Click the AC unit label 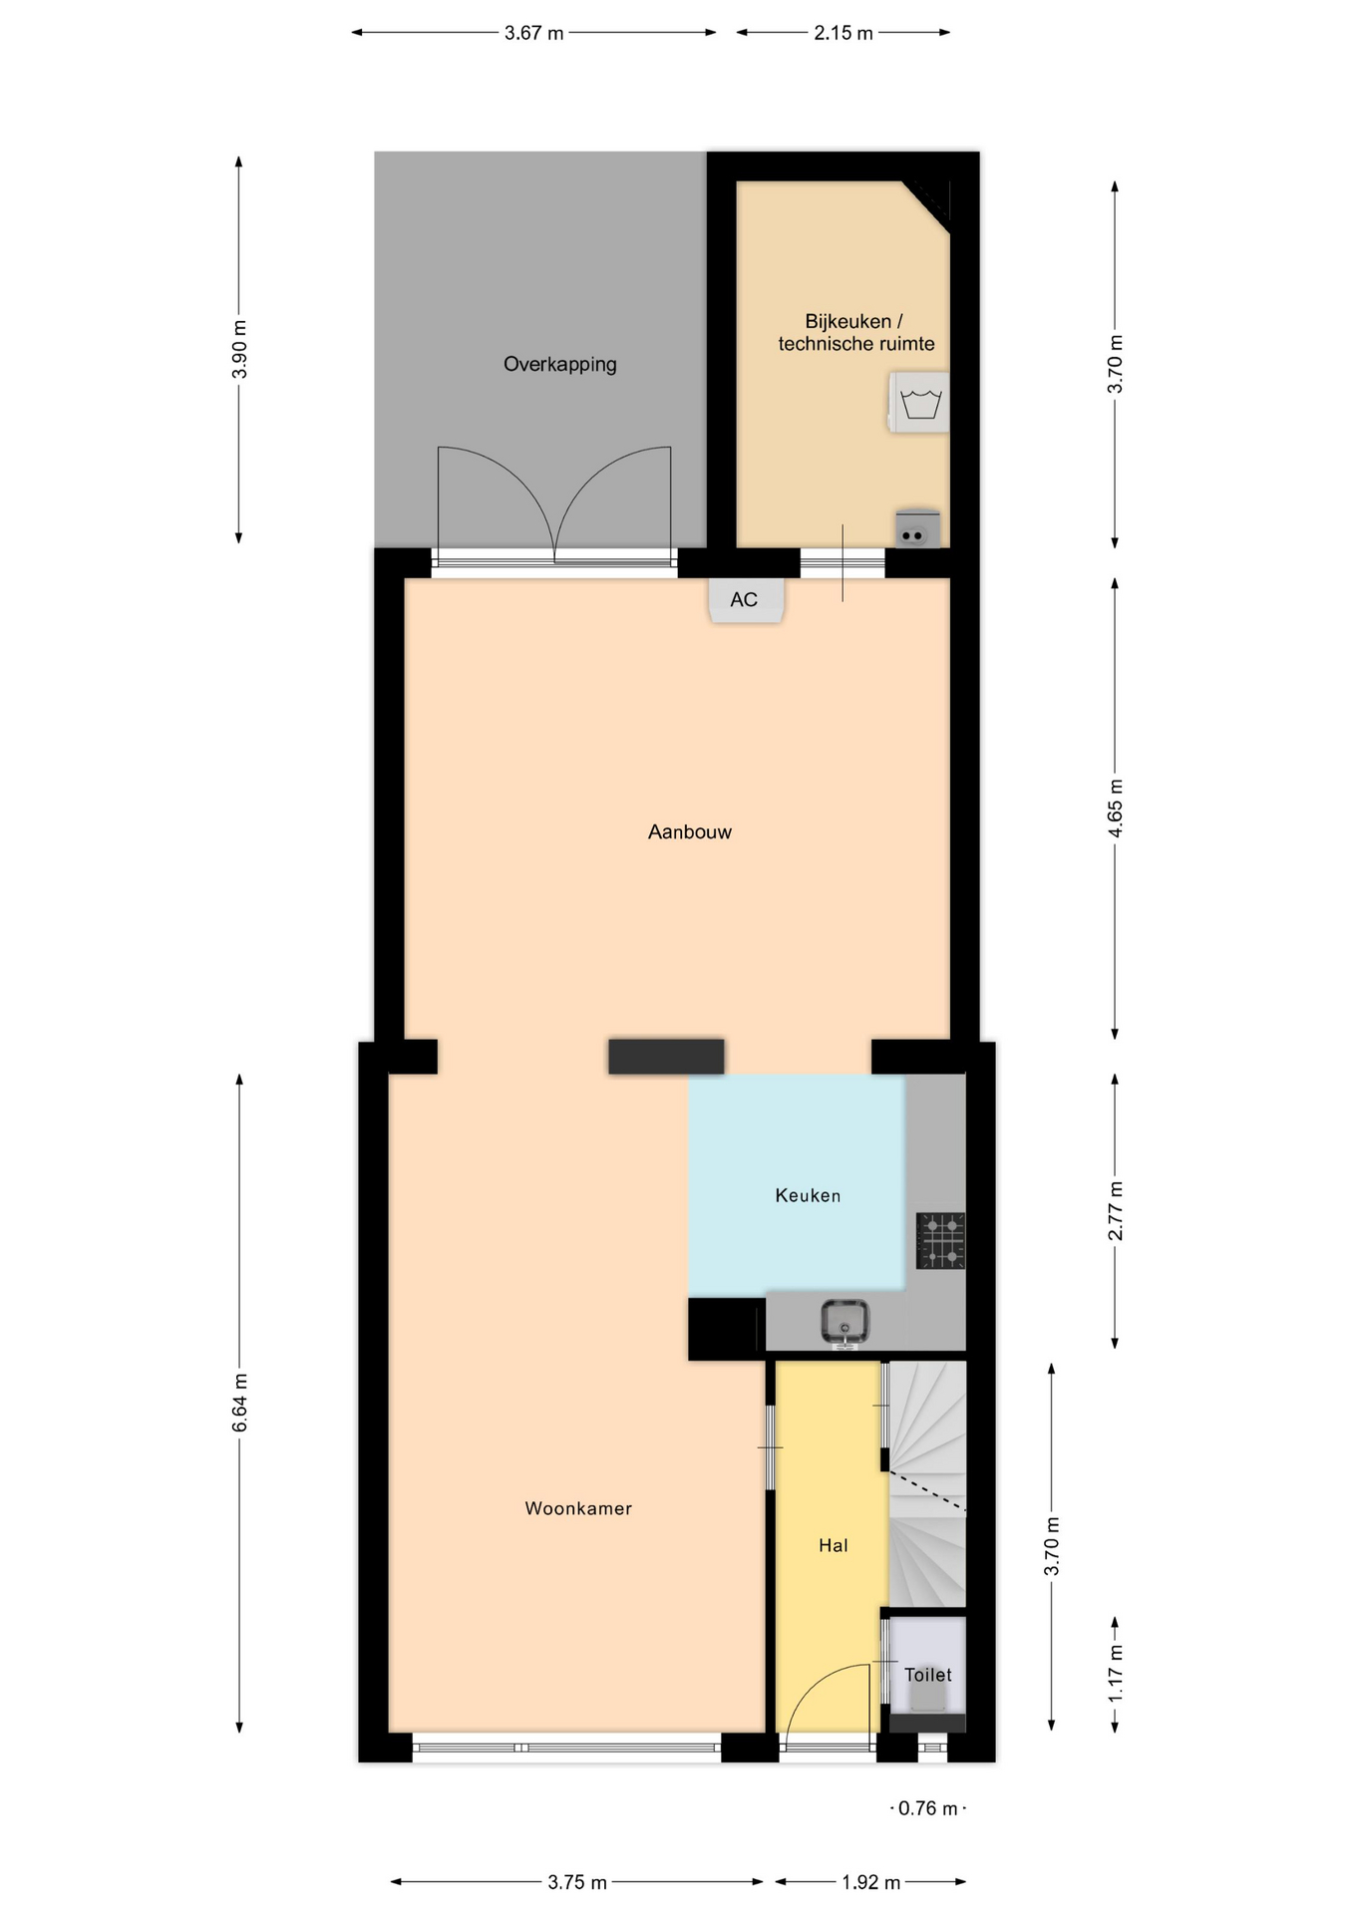[744, 600]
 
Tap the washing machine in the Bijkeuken [918, 403]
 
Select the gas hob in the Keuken [941, 1241]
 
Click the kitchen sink [845, 1323]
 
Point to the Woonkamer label [578, 1508]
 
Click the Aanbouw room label [690, 831]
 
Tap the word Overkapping [560, 365]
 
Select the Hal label [834, 1545]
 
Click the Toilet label [928, 1675]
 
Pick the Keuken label [809, 1195]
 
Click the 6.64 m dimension [239, 1403]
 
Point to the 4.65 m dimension [1116, 808]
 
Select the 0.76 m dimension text [928, 1808]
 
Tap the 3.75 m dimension [577, 1882]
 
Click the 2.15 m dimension [844, 33]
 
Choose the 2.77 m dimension [1116, 1211]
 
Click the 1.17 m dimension [1116, 1674]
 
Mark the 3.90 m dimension [239, 350]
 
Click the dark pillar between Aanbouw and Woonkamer [666, 1057]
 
